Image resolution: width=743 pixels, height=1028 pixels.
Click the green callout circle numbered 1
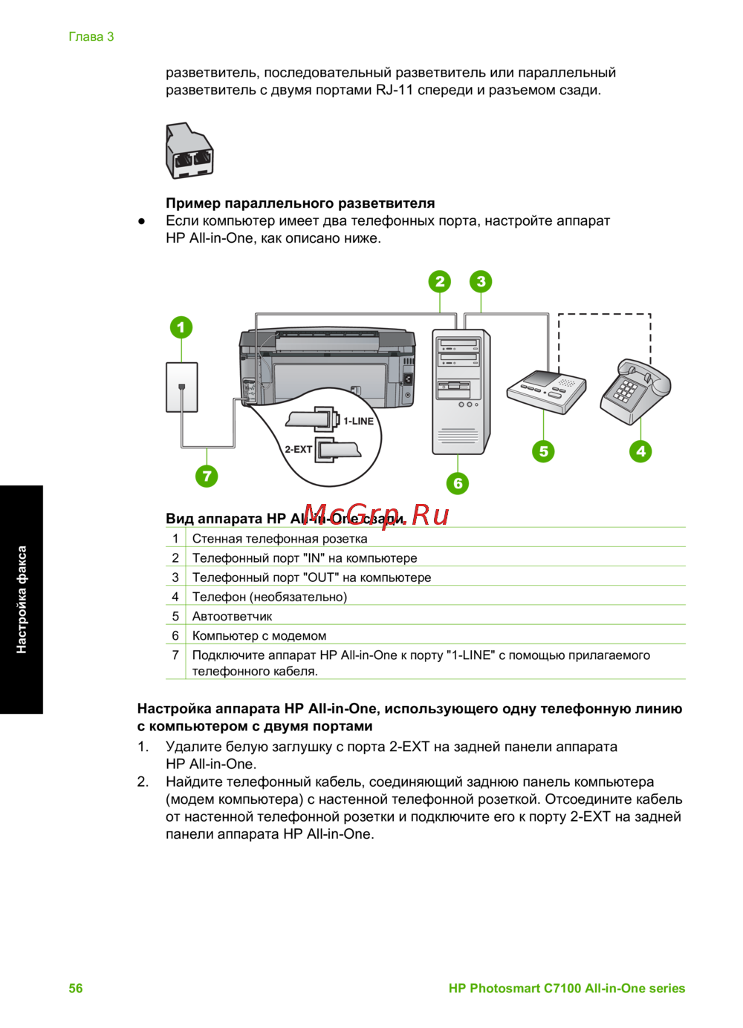coord(181,327)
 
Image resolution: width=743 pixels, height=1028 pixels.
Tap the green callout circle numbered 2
coord(440,281)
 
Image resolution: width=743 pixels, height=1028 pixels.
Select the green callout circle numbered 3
coord(481,281)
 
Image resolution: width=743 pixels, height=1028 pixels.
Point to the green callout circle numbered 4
coord(640,451)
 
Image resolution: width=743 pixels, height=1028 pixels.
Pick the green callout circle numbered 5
coord(543,451)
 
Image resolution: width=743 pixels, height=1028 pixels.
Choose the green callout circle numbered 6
coord(458,483)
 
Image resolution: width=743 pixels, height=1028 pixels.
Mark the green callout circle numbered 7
coord(207,476)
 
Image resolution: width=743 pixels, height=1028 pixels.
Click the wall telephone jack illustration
coord(181,387)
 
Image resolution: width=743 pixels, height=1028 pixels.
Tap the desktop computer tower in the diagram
coord(461,391)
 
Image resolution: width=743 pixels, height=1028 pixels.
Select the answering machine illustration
coord(546,390)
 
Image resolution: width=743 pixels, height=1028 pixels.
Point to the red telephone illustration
coord(635,390)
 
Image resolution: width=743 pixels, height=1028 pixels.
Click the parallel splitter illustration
coord(189,151)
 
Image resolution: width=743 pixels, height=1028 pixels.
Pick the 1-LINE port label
coord(358,421)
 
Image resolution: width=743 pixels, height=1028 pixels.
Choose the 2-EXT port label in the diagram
coord(298,449)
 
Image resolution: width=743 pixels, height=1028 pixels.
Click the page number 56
coord(76,988)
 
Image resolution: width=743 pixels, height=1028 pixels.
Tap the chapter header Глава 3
coord(91,36)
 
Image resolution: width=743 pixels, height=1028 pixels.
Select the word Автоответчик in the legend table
coord(232,616)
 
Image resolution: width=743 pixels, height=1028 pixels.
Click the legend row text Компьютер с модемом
coord(259,635)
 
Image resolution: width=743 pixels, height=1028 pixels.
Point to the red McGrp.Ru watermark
coord(376,514)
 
